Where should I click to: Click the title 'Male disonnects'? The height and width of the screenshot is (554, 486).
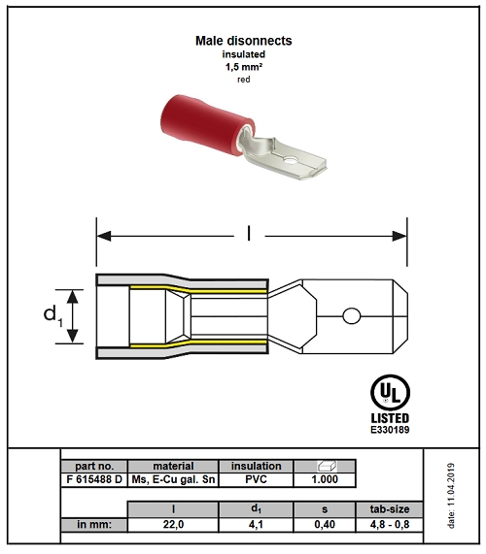click(x=244, y=41)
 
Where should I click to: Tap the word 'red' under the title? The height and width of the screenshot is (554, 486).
click(x=244, y=80)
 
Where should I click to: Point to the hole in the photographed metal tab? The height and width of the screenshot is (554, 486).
click(x=292, y=161)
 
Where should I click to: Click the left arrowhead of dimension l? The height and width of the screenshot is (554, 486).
click(x=104, y=236)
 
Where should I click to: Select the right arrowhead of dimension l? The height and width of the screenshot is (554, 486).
click(x=399, y=236)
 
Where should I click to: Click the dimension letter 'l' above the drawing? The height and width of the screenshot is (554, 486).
click(x=249, y=234)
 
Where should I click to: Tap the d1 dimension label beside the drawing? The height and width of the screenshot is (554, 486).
click(x=52, y=314)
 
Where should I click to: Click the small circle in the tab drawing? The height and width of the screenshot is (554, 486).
click(x=352, y=316)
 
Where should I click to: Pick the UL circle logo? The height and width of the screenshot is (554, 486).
click(x=390, y=393)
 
